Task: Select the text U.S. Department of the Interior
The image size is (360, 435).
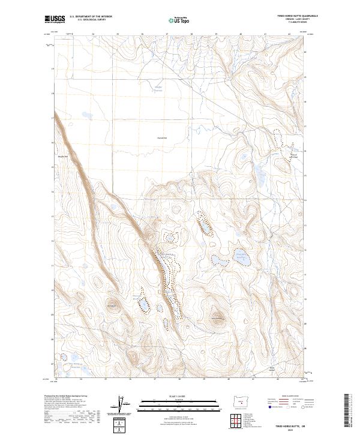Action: (91, 16)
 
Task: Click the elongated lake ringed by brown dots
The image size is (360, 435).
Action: (203, 228)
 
